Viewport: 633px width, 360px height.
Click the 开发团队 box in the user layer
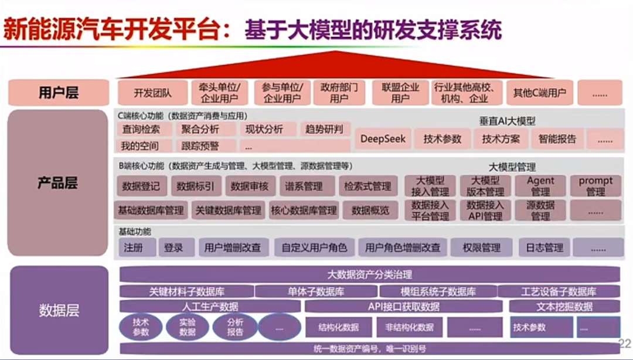click(x=152, y=93)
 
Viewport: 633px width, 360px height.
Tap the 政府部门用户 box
click(x=339, y=93)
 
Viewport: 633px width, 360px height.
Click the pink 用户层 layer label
click(x=59, y=93)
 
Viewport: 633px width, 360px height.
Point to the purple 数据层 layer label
click(x=59, y=310)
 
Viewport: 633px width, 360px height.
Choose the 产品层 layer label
click(x=58, y=184)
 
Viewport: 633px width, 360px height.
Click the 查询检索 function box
click(x=141, y=129)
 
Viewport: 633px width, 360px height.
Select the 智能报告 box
click(x=557, y=139)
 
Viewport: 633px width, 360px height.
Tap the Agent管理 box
click(x=540, y=186)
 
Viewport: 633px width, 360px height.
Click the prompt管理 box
click(x=595, y=186)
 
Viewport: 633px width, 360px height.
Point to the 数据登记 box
click(x=141, y=186)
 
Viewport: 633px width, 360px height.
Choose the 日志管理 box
click(x=544, y=247)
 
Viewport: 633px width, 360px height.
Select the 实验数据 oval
click(x=187, y=327)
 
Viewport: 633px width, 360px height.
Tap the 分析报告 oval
click(x=235, y=327)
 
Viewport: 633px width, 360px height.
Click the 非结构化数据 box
click(x=409, y=327)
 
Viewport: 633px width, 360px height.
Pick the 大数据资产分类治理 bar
click(x=369, y=274)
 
